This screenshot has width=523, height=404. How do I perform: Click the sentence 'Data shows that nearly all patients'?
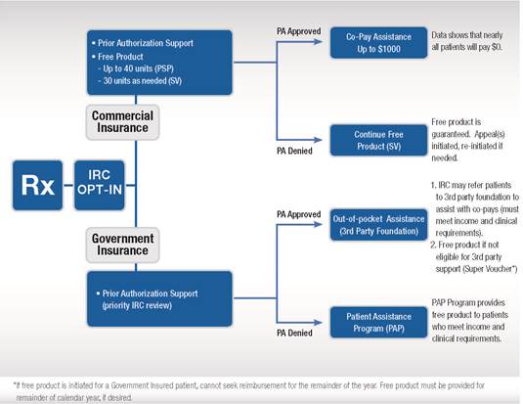[469, 38]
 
